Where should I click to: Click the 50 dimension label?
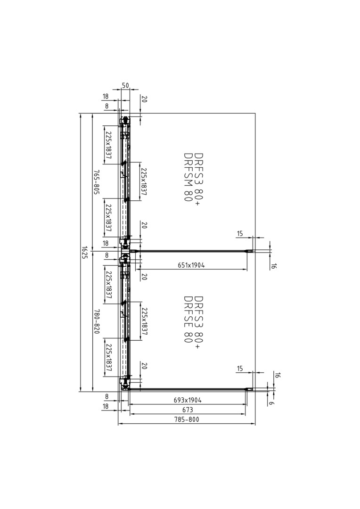(x=125, y=85)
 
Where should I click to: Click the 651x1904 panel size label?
(x=191, y=265)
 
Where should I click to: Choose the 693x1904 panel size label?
(x=188, y=400)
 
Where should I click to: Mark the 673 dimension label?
(x=188, y=410)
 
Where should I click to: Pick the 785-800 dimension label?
(x=186, y=419)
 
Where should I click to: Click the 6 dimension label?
(x=272, y=403)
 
